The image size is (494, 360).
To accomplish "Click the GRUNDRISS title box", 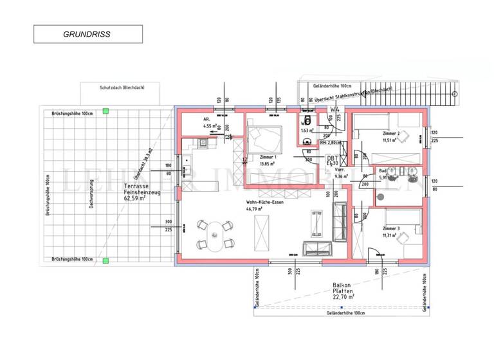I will (x=87, y=34).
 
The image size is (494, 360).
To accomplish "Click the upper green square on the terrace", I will (x=106, y=112).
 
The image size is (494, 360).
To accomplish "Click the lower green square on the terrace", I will (x=106, y=260).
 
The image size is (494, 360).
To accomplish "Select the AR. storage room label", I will (x=206, y=120).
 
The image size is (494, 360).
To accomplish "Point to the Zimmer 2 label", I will (x=390, y=133).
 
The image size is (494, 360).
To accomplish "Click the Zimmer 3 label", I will (x=391, y=229).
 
